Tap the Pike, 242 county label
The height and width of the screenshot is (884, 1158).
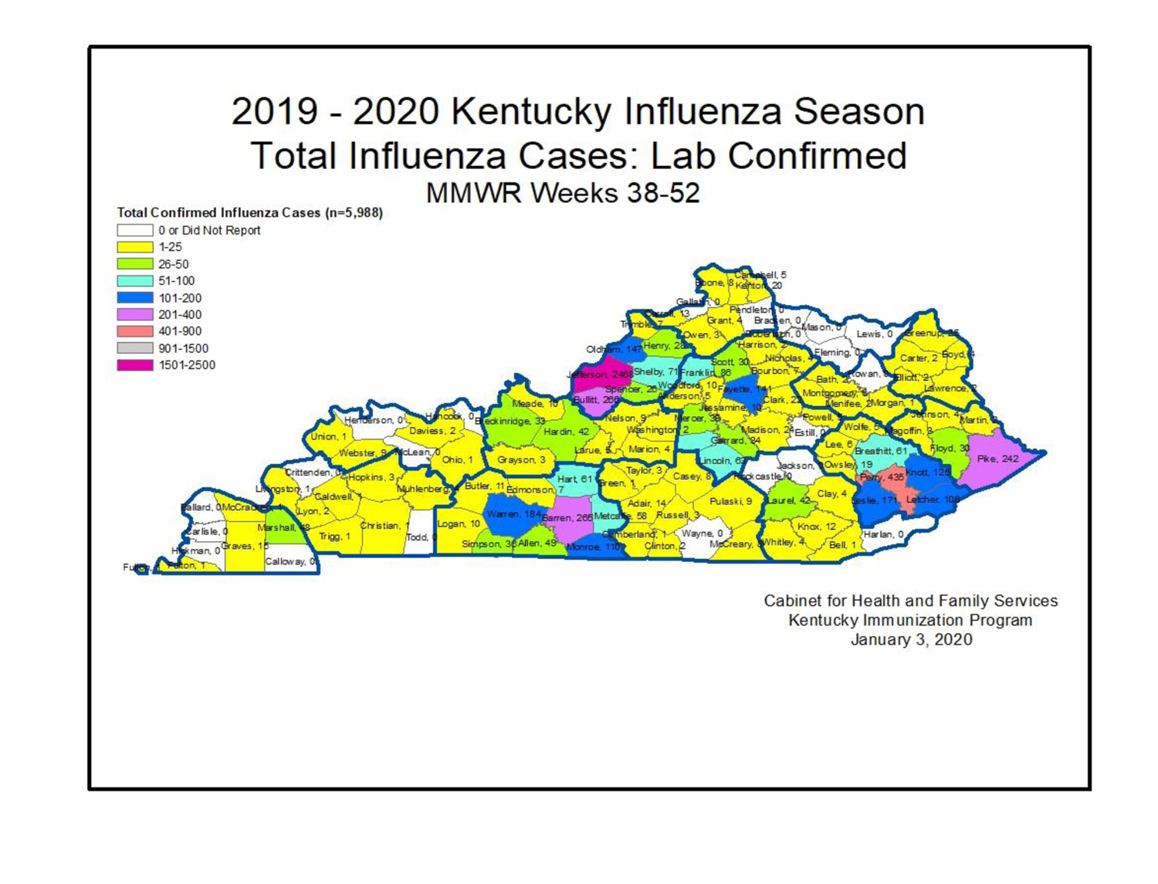point(997,459)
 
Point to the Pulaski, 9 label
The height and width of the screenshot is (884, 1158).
point(730,502)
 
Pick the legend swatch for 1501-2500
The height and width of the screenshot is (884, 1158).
point(134,365)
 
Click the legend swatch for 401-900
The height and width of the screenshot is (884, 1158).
point(134,331)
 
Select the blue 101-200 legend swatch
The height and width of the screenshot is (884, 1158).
point(134,298)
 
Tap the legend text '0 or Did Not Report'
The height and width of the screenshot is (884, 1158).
point(209,230)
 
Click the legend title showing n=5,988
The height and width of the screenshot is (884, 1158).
point(249,212)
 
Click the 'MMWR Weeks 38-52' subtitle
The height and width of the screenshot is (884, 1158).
point(563,192)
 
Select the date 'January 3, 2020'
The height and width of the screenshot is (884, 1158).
point(911,639)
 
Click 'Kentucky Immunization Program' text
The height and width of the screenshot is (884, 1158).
point(910,620)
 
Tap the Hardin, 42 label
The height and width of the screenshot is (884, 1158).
point(566,432)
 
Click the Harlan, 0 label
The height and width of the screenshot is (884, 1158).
point(883,534)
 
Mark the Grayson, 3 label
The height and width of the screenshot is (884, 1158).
point(521,460)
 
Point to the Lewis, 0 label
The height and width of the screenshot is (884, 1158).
point(874,334)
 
